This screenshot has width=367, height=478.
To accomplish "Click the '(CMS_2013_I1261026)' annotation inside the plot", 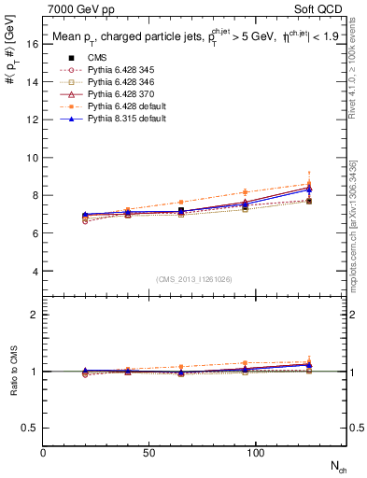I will pos(194,277).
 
